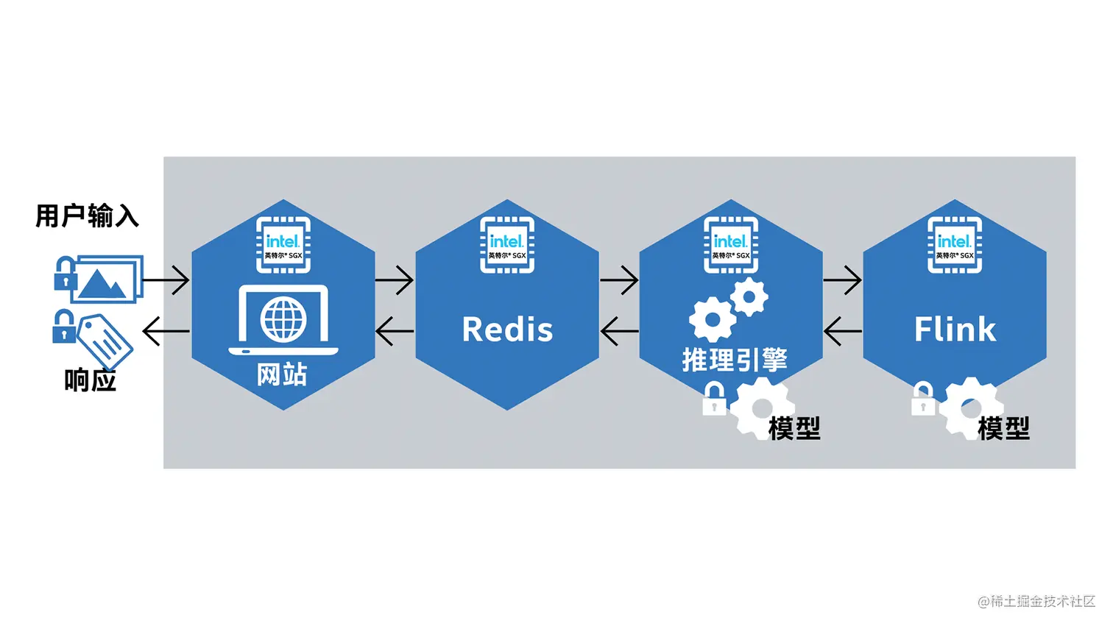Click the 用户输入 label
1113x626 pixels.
coord(87,216)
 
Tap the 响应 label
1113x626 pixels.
coord(90,380)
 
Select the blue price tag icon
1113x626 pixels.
coord(105,339)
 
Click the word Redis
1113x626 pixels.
coord(507,330)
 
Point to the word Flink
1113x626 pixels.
coord(955,329)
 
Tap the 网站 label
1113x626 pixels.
coord(282,374)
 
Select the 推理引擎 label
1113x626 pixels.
coord(734,360)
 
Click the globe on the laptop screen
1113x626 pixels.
coord(283,320)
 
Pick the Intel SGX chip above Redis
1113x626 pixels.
coord(507,245)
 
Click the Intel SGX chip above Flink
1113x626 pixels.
coord(955,245)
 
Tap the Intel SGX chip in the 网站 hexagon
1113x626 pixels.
coord(283,245)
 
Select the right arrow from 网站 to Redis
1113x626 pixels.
coord(395,280)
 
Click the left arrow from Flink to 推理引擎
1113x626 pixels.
coord(842,331)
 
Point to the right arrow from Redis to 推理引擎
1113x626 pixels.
coord(619,280)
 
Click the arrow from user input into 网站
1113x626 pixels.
coord(166,280)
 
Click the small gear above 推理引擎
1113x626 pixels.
coord(749,297)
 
